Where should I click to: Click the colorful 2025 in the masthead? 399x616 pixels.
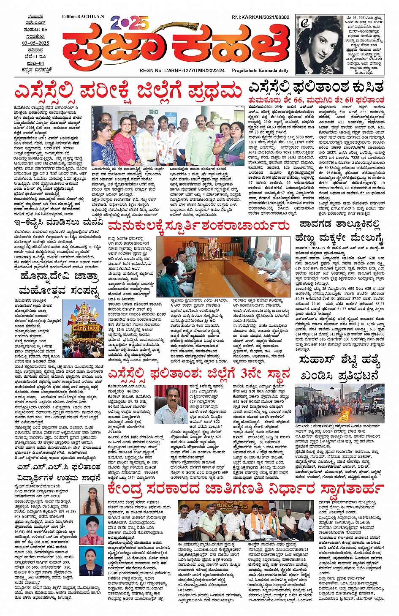130,22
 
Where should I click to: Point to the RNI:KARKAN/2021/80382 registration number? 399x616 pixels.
260,17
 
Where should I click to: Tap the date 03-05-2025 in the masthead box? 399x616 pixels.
35,43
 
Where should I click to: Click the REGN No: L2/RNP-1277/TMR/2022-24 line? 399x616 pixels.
182,71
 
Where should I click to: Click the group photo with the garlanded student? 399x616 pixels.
168,136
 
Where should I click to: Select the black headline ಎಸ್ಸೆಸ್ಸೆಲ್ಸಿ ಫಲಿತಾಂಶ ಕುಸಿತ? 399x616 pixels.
316,87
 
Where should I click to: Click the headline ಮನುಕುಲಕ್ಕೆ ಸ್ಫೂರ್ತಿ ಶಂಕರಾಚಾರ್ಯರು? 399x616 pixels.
199,227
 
